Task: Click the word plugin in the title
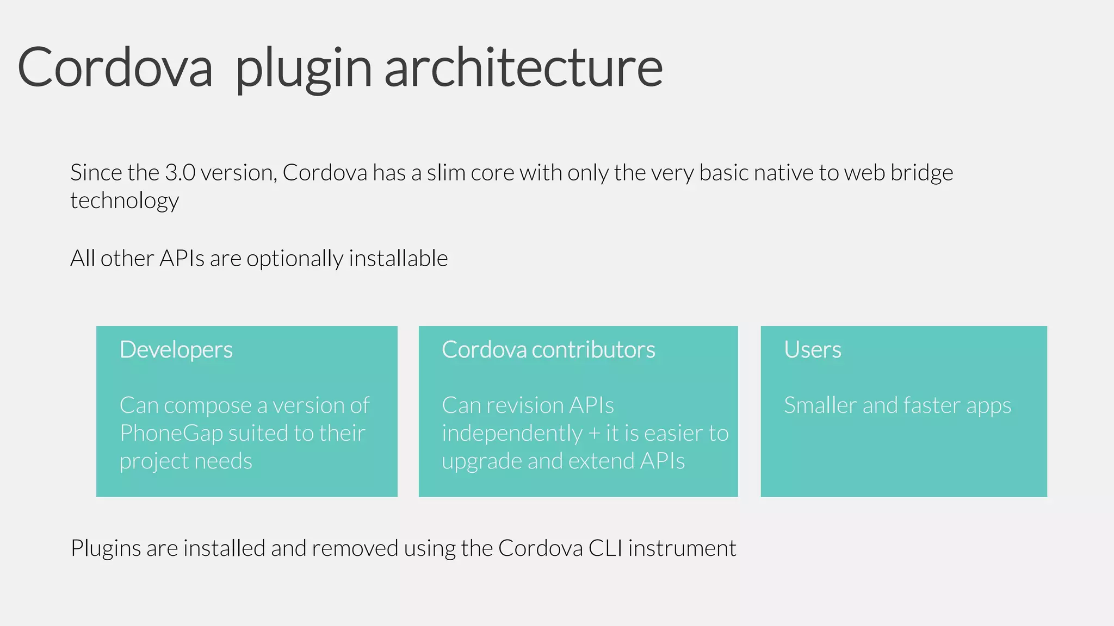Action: point(303,70)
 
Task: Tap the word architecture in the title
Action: point(523,67)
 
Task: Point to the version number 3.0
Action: point(180,173)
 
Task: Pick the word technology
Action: point(125,201)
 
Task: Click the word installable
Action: point(398,259)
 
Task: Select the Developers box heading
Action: point(176,350)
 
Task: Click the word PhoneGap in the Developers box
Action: point(171,434)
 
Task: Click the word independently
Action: point(512,434)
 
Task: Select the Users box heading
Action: point(813,350)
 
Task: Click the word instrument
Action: point(682,548)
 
